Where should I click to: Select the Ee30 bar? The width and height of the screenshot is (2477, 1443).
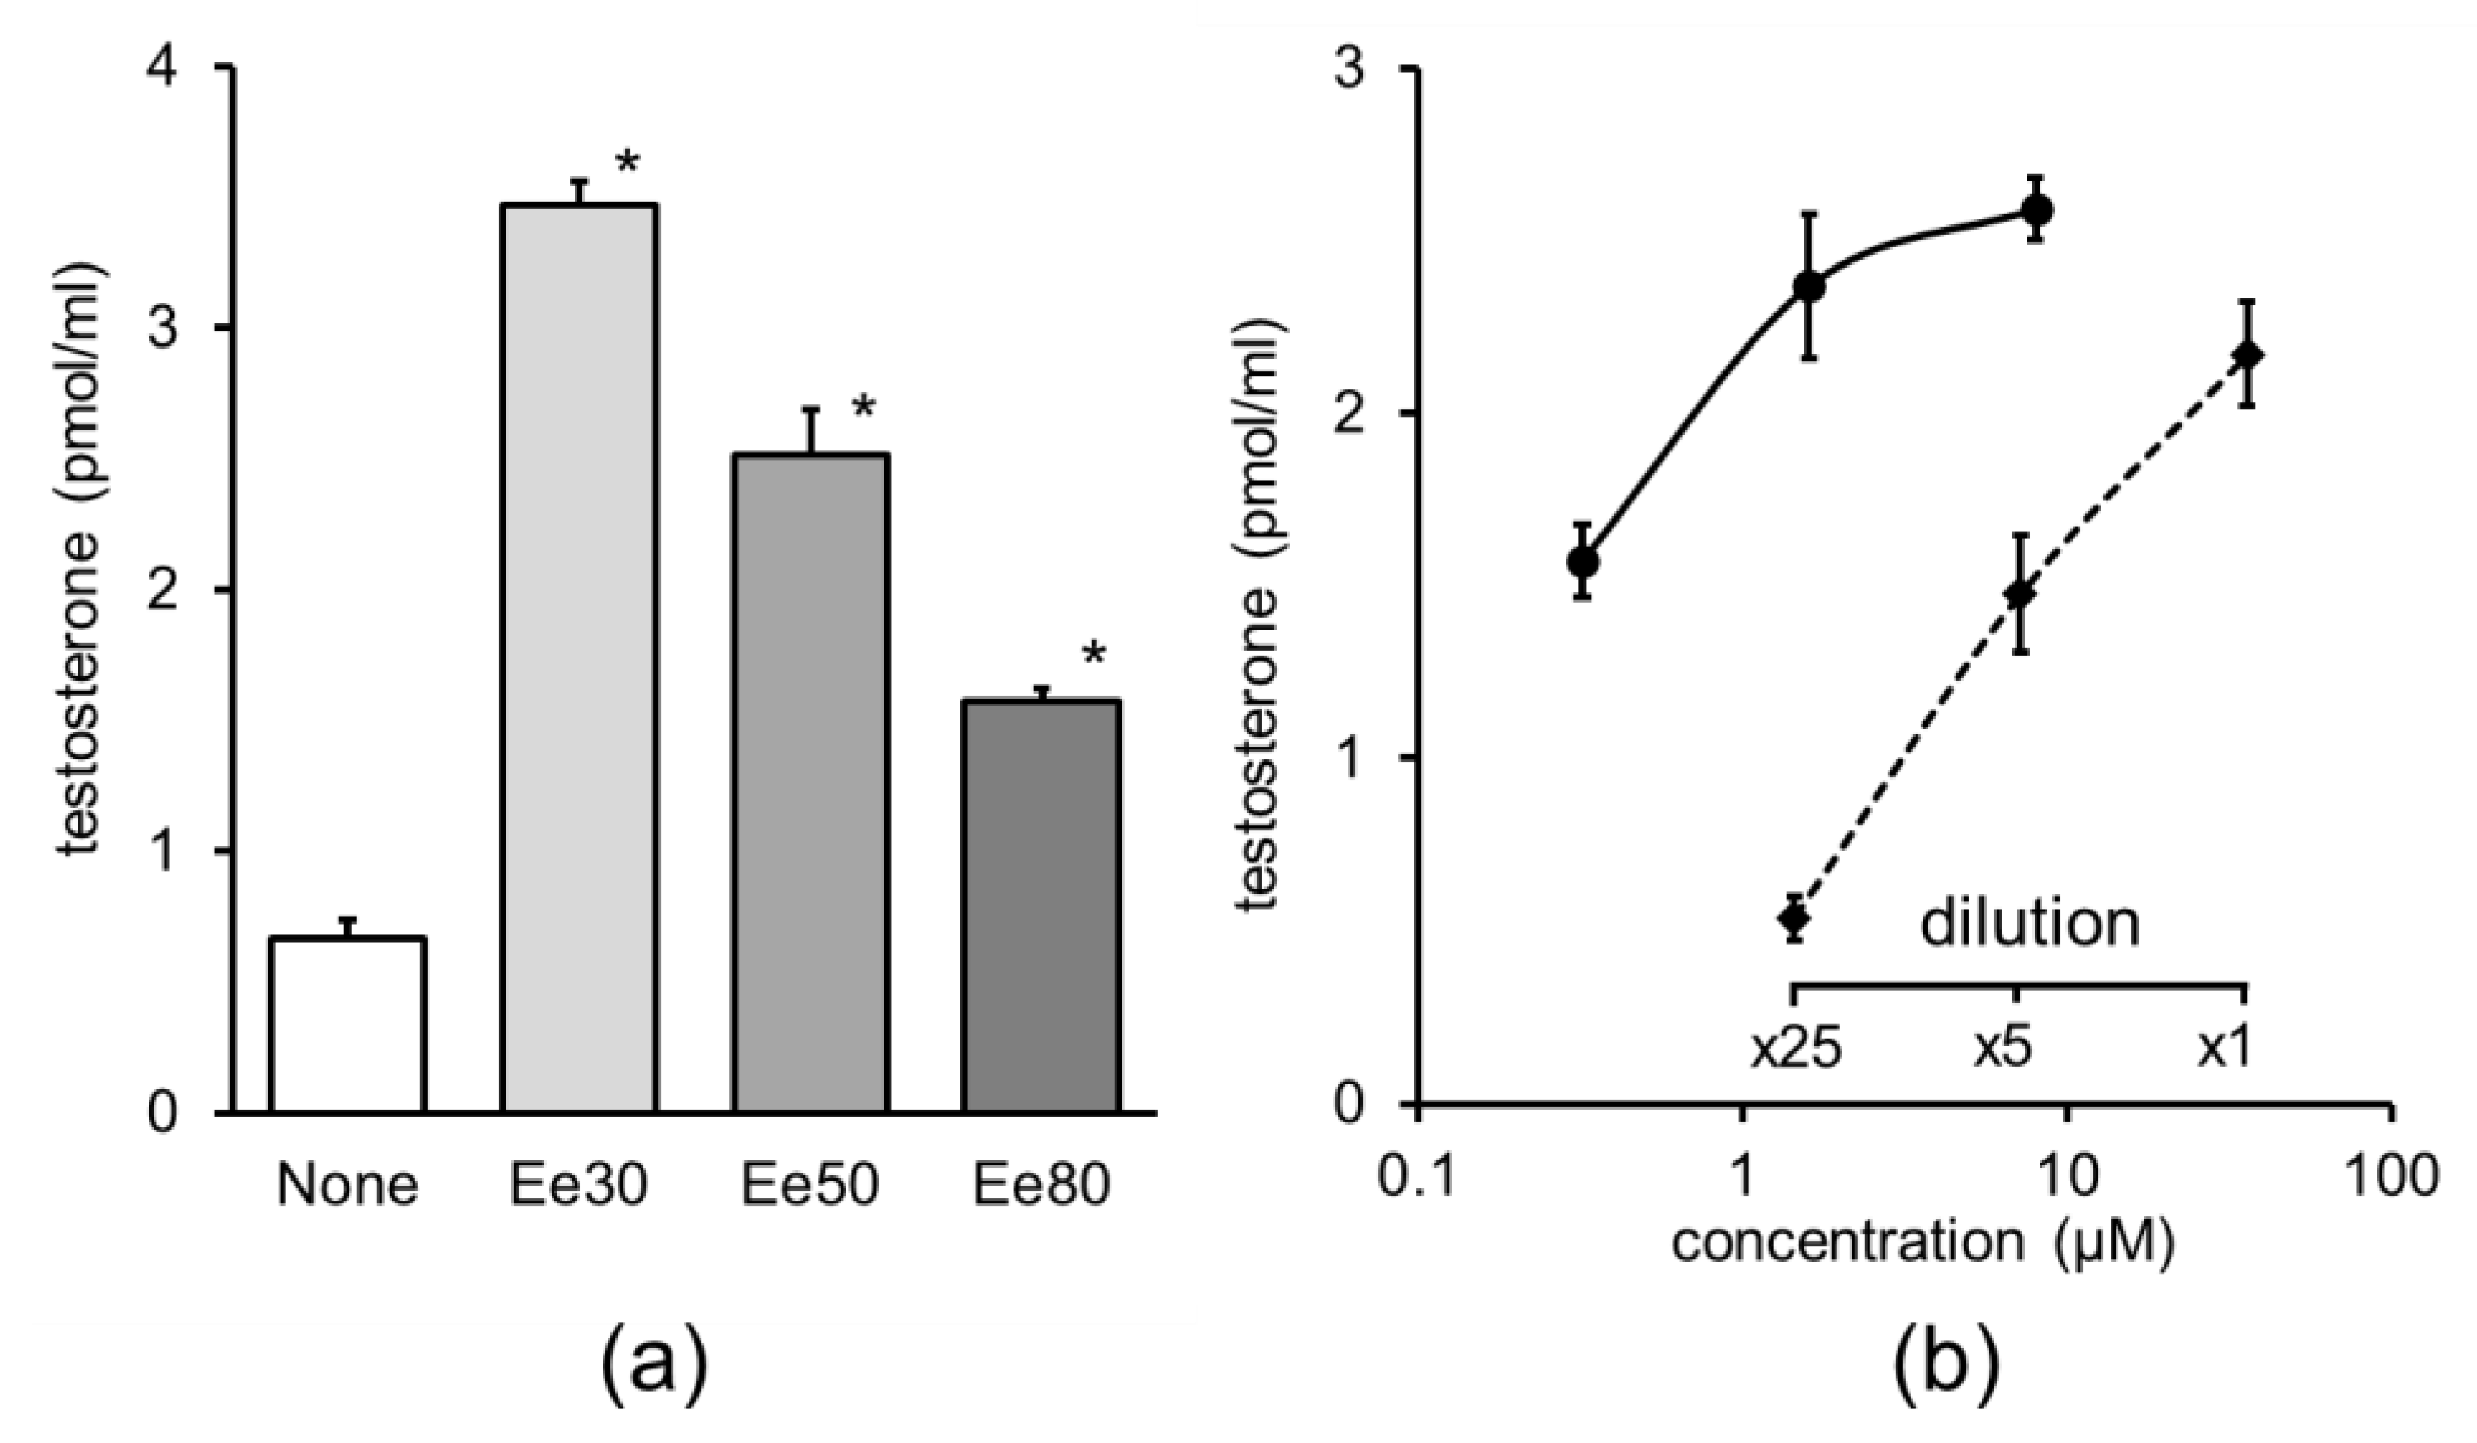tap(579, 658)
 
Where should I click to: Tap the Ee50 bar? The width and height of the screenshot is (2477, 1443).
tap(810, 783)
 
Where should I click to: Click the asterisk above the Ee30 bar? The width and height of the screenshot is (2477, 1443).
tap(627, 163)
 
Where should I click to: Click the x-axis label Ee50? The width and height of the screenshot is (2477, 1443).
tap(810, 1186)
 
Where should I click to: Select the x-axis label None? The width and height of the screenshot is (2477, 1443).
tap(347, 1186)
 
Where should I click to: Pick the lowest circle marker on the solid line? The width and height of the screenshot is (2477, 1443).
tap(1582, 562)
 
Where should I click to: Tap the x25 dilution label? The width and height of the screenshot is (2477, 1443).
tap(1795, 1051)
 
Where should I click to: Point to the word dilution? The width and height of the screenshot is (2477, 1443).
tap(2029, 925)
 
